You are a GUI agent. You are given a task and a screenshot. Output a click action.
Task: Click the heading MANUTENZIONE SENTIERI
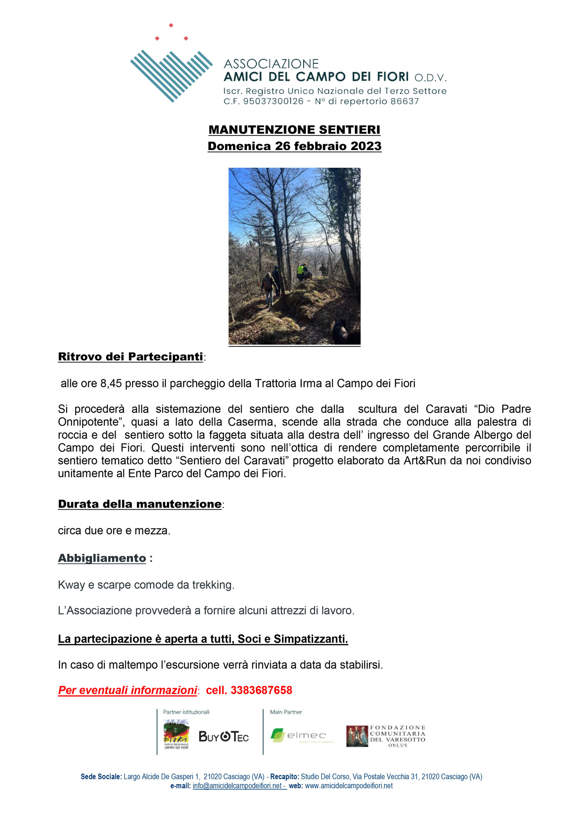pyautogui.click(x=294, y=130)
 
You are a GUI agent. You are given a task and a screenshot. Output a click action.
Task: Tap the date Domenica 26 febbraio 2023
pyautogui.click(x=294, y=146)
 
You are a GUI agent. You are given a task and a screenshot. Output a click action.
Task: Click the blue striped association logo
pyautogui.click(x=171, y=75)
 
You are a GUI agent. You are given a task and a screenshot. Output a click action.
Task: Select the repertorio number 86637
pyautogui.click(x=404, y=101)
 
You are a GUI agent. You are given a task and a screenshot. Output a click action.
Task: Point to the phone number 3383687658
pyautogui.click(x=261, y=690)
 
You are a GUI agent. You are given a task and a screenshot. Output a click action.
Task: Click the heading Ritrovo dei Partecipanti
pyautogui.click(x=130, y=357)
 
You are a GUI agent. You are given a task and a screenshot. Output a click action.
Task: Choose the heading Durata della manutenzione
pyautogui.click(x=140, y=504)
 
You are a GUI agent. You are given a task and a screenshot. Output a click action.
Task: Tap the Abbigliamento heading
pyautogui.click(x=102, y=558)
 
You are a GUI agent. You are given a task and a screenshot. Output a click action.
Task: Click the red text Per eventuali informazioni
pyautogui.click(x=128, y=690)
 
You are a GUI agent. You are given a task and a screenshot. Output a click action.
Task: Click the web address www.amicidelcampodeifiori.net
pyautogui.click(x=349, y=786)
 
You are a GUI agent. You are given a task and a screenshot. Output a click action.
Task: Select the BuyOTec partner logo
pyautogui.click(x=224, y=737)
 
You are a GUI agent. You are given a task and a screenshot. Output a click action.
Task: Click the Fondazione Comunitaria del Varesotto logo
pyautogui.click(x=385, y=736)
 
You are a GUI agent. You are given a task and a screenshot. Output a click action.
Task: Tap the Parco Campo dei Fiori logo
pyautogui.click(x=176, y=735)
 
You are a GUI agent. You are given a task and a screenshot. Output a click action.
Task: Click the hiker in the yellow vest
pyautogui.click(x=301, y=270)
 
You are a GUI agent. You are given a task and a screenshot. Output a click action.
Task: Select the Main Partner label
pyautogui.click(x=286, y=712)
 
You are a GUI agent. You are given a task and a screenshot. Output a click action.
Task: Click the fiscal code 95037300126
pyautogui.click(x=273, y=101)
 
